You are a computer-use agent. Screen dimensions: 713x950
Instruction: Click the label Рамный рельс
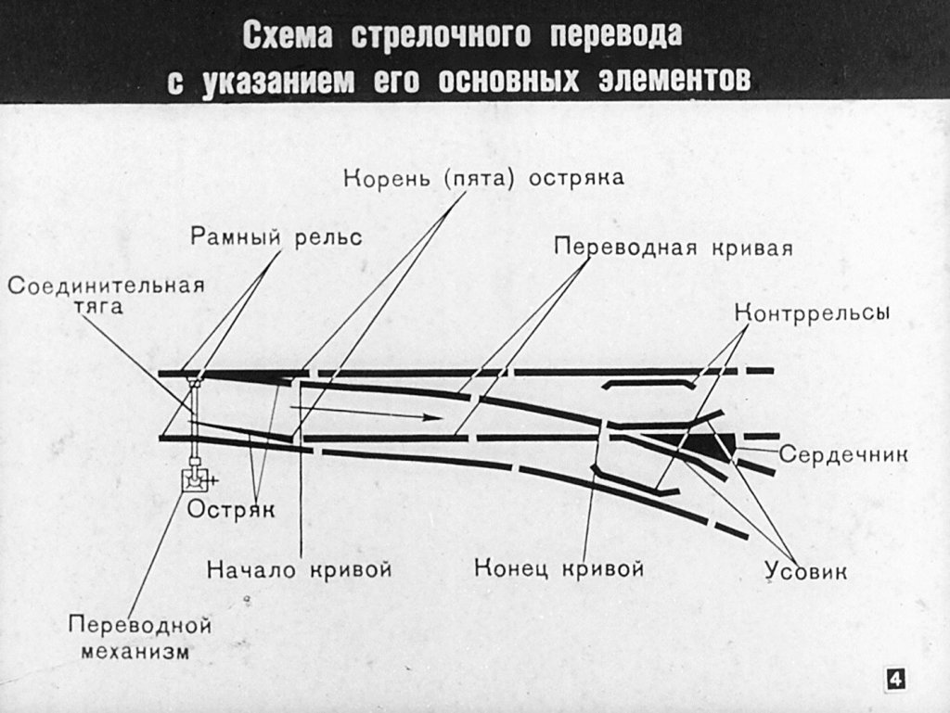coord(276,236)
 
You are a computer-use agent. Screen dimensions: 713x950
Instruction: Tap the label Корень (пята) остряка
coord(483,178)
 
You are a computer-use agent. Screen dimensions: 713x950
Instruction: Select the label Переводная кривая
coord(674,248)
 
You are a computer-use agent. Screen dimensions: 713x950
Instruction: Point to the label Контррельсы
coord(813,312)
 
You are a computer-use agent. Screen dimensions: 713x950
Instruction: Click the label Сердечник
coord(842,455)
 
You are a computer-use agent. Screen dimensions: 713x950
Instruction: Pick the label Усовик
coord(805,571)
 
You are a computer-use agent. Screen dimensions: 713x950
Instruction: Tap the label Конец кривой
coord(558,567)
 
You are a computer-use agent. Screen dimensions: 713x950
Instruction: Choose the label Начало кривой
coord(299,567)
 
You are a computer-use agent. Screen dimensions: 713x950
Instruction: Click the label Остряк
coord(231,509)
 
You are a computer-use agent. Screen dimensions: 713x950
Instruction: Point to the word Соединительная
coord(106,285)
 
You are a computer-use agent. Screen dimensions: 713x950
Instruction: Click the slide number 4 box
coord(894,679)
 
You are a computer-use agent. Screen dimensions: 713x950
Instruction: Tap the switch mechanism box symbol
coord(196,480)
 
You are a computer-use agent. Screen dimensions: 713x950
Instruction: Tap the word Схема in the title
coord(289,35)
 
